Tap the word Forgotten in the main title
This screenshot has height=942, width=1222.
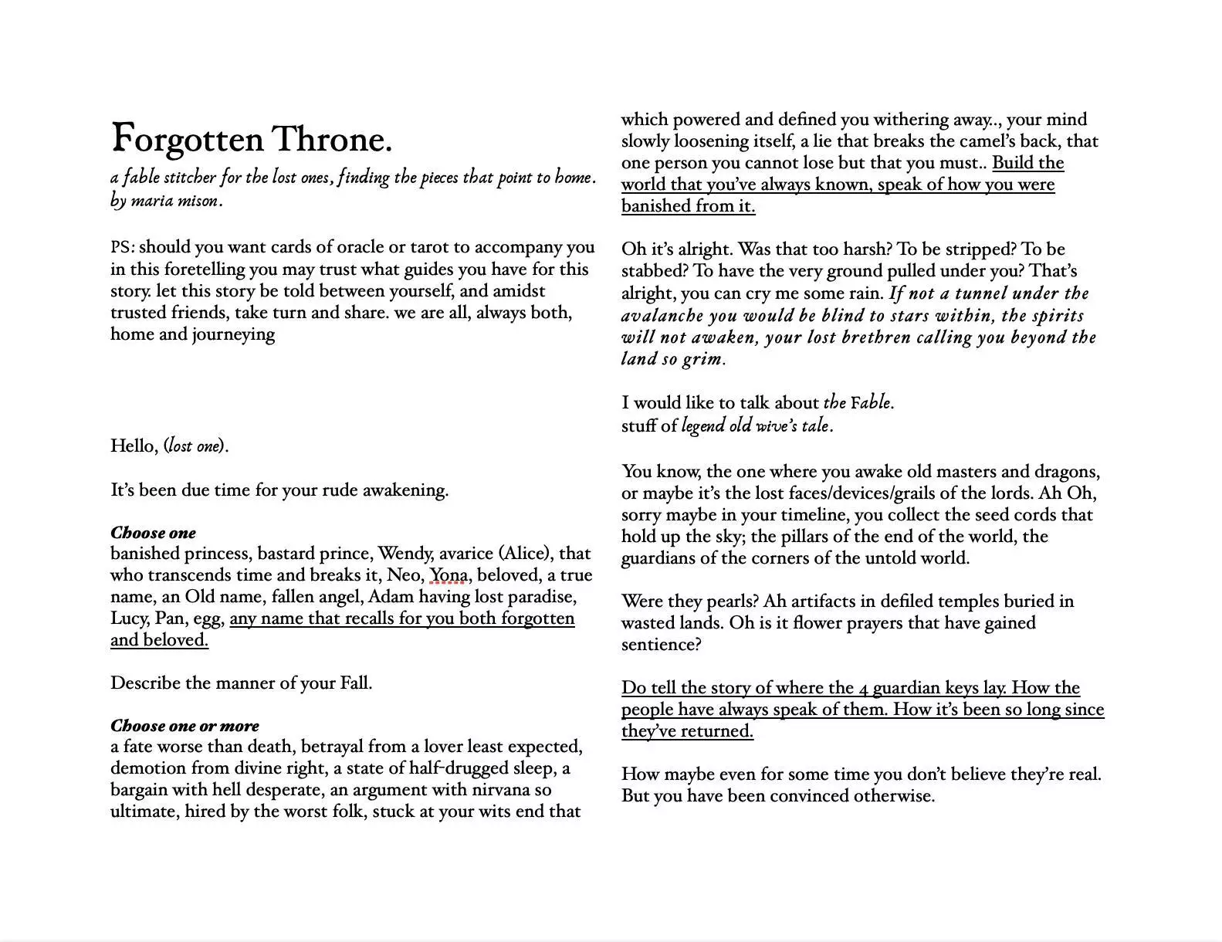coord(188,140)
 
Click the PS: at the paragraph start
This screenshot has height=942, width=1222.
coord(123,248)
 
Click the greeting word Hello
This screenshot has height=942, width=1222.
coord(134,446)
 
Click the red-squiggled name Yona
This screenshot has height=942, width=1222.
coord(448,575)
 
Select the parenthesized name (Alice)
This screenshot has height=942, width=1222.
coord(524,554)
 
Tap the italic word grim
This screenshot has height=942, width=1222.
coord(704,359)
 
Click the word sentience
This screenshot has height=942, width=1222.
coord(659,645)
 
